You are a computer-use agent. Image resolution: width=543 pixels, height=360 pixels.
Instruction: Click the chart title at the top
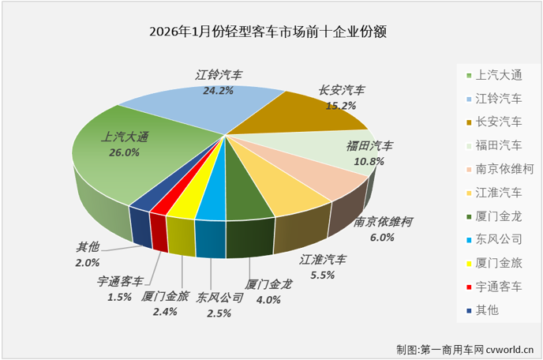coord(272,32)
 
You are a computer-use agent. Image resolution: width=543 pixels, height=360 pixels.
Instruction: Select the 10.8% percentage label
coord(370,160)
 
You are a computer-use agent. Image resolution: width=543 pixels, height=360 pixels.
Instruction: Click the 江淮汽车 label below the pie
coord(323,260)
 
